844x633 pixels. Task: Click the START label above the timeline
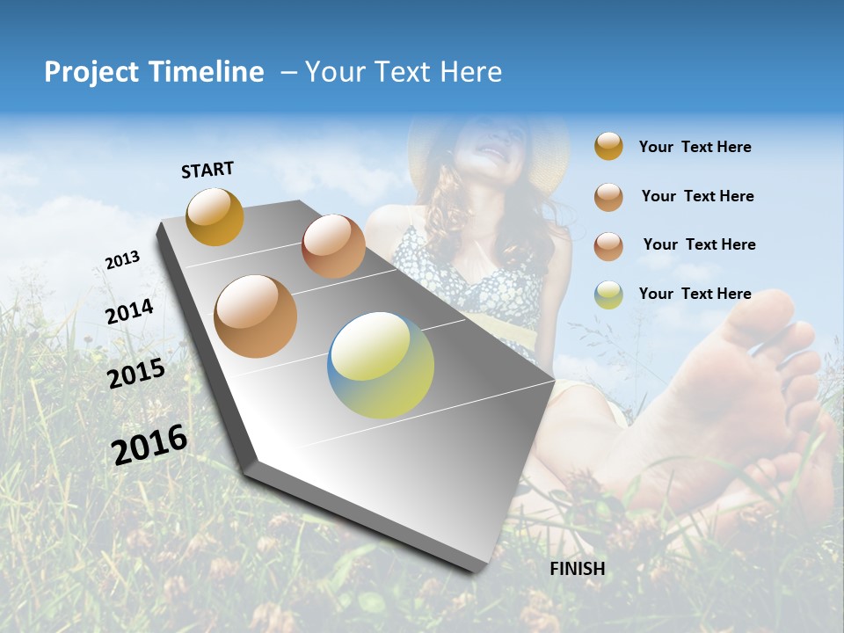tap(207, 170)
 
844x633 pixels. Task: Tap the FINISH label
tap(578, 569)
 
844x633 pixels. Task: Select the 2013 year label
tap(123, 260)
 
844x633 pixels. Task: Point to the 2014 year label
tap(130, 312)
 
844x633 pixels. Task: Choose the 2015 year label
tap(136, 374)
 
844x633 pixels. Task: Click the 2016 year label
tap(149, 445)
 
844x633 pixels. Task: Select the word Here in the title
tap(470, 72)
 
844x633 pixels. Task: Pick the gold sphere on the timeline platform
tap(215, 216)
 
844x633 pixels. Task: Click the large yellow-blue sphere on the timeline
tap(381, 365)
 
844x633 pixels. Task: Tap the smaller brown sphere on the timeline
tap(333, 246)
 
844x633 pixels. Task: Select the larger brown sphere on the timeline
tap(256, 316)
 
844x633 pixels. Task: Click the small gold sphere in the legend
tap(608, 147)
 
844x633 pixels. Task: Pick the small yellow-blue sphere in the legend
tap(608, 295)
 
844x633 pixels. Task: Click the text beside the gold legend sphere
tap(695, 148)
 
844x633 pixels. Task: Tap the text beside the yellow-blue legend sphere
tap(695, 294)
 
